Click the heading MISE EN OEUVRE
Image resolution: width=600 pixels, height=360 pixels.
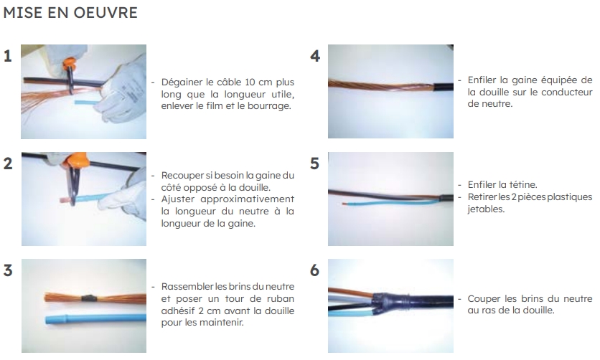tap(70, 13)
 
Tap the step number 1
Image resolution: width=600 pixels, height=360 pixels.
tap(8, 56)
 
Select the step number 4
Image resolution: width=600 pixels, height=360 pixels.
tap(315, 56)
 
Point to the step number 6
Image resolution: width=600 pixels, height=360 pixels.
tap(314, 270)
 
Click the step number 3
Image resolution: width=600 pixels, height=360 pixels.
tap(8, 270)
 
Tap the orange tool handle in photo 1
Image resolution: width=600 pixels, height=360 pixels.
tap(70, 62)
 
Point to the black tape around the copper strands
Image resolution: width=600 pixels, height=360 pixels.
tap(89, 298)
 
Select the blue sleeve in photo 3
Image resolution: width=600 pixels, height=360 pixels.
tap(95, 318)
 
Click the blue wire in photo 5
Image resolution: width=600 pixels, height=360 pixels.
tap(390, 204)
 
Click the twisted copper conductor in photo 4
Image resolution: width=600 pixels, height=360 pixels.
tap(380, 86)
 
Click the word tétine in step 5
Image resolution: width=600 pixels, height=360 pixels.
tap(523, 185)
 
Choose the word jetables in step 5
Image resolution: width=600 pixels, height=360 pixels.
tap(486, 209)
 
